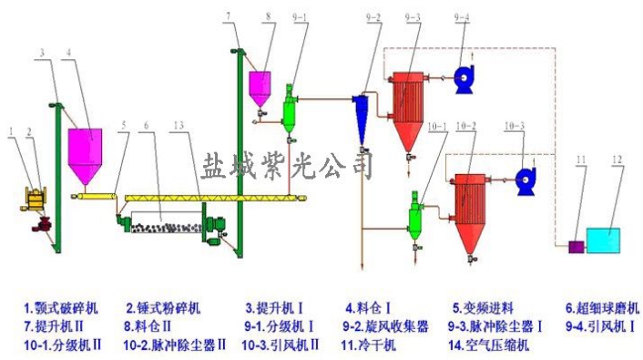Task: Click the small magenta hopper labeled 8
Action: click(x=260, y=86)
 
